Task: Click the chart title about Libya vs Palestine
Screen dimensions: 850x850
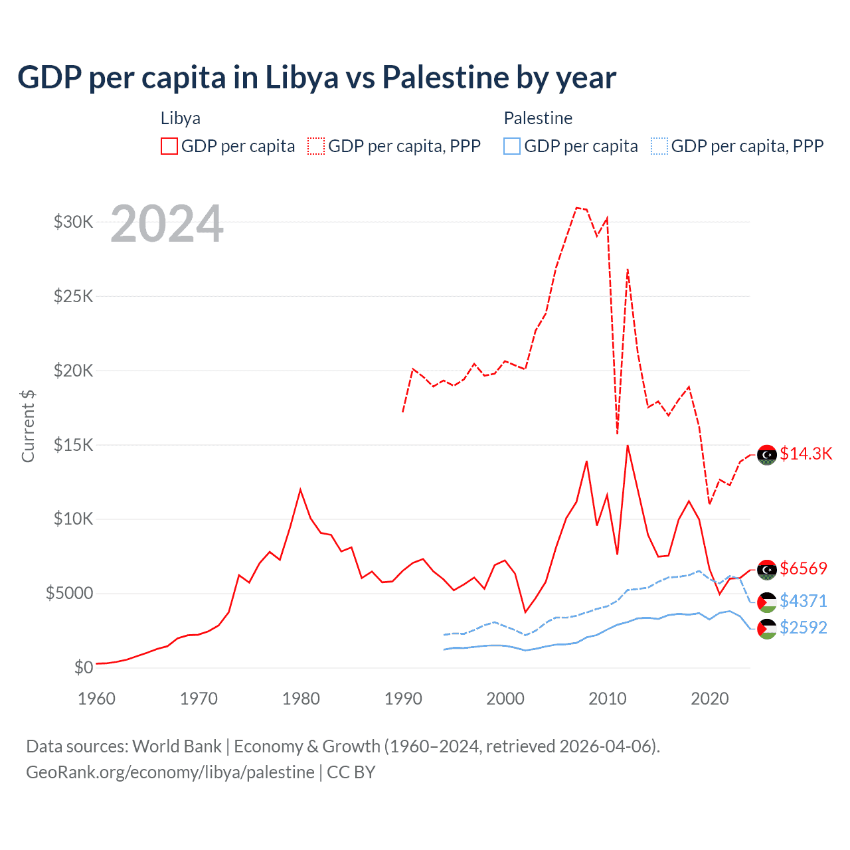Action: click(x=317, y=77)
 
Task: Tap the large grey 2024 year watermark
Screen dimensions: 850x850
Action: click(x=167, y=224)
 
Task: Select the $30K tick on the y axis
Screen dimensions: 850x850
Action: click(x=74, y=222)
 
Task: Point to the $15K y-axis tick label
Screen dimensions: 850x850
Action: click(x=74, y=445)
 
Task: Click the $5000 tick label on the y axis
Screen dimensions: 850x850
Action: click(x=70, y=593)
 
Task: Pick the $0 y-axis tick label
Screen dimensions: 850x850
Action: click(x=83, y=667)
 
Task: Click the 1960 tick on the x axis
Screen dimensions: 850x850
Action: click(x=97, y=699)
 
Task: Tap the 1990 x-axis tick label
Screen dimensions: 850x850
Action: click(x=403, y=699)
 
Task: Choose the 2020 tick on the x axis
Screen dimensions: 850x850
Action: click(x=710, y=699)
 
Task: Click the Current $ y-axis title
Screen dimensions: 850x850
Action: click(x=28, y=426)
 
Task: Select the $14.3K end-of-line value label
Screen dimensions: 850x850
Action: click(x=806, y=454)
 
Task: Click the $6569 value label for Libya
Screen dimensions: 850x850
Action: click(x=804, y=568)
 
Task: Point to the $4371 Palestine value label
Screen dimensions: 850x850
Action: click(x=804, y=601)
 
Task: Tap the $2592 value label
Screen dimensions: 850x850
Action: click(x=804, y=628)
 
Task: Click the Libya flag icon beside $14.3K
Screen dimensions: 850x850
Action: click(x=767, y=455)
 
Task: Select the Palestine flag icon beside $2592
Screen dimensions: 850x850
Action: click(x=767, y=628)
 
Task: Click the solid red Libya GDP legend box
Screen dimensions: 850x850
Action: click(x=169, y=146)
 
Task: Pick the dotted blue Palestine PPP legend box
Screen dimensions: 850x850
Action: click(x=659, y=146)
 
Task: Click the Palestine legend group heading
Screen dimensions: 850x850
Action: click(x=538, y=118)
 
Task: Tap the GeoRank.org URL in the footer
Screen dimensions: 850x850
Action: click(x=170, y=772)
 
